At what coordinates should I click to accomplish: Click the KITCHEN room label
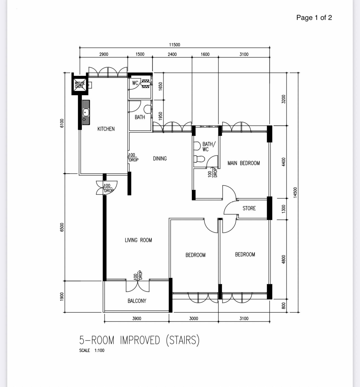tap(106, 129)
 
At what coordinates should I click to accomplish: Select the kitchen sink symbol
tap(86, 112)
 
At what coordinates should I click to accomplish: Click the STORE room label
tap(249, 208)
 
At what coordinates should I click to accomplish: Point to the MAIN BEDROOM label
tap(243, 163)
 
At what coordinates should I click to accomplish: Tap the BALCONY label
tap(137, 301)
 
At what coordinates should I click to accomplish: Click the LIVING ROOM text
tap(138, 240)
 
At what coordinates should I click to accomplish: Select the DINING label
tap(160, 159)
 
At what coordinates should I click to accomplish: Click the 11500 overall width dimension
tap(174, 45)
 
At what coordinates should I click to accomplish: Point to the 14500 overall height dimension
tap(296, 192)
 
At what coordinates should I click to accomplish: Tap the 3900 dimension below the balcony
tap(136, 318)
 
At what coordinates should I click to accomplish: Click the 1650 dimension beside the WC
tap(160, 86)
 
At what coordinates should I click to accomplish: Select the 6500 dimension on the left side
tap(62, 227)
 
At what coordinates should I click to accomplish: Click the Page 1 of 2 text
tap(314, 18)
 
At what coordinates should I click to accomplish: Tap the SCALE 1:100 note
tap(92, 350)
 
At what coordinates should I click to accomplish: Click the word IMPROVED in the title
tap(140, 340)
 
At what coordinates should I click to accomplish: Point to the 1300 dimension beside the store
tap(284, 209)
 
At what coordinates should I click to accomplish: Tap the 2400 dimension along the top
tap(172, 54)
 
